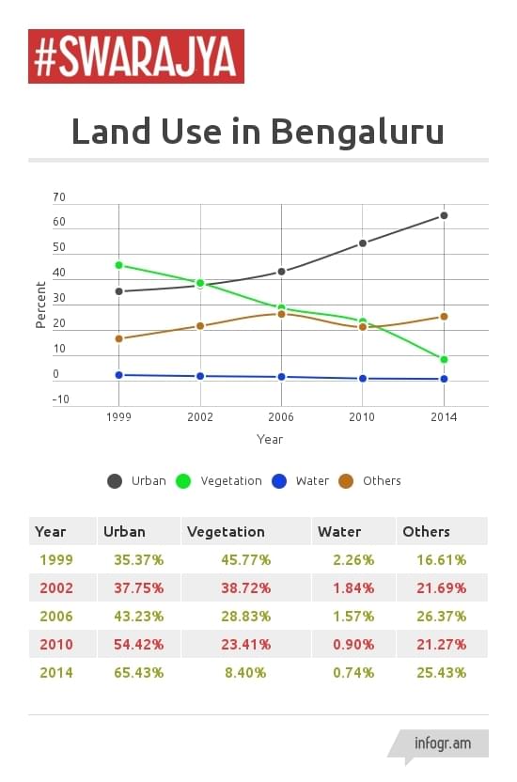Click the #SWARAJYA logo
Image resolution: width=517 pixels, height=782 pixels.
point(135,56)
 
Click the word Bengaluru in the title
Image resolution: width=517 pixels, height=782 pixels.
point(357,131)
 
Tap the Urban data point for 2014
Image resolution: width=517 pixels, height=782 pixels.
point(444,215)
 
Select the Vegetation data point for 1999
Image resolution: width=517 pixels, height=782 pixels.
point(118,265)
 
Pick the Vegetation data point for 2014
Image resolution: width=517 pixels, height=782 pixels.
point(444,359)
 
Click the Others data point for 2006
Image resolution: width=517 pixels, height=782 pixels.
point(282,314)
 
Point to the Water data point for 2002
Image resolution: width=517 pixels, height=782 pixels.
point(200,376)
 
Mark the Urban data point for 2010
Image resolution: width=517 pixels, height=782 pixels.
point(363,243)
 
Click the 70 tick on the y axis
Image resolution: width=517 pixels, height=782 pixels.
point(59,198)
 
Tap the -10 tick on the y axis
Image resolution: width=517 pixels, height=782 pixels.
point(59,399)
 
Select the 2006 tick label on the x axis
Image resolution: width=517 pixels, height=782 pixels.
point(282,417)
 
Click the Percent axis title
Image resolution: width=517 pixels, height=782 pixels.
point(40,305)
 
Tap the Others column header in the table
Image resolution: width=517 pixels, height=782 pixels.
point(426,532)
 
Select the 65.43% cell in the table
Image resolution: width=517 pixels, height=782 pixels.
point(138,673)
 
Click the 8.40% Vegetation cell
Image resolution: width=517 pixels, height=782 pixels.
point(244,673)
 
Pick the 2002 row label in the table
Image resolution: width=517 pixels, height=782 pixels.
point(56,588)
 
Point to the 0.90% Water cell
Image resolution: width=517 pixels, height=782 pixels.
point(353,645)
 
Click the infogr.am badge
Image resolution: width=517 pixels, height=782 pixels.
point(442,743)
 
